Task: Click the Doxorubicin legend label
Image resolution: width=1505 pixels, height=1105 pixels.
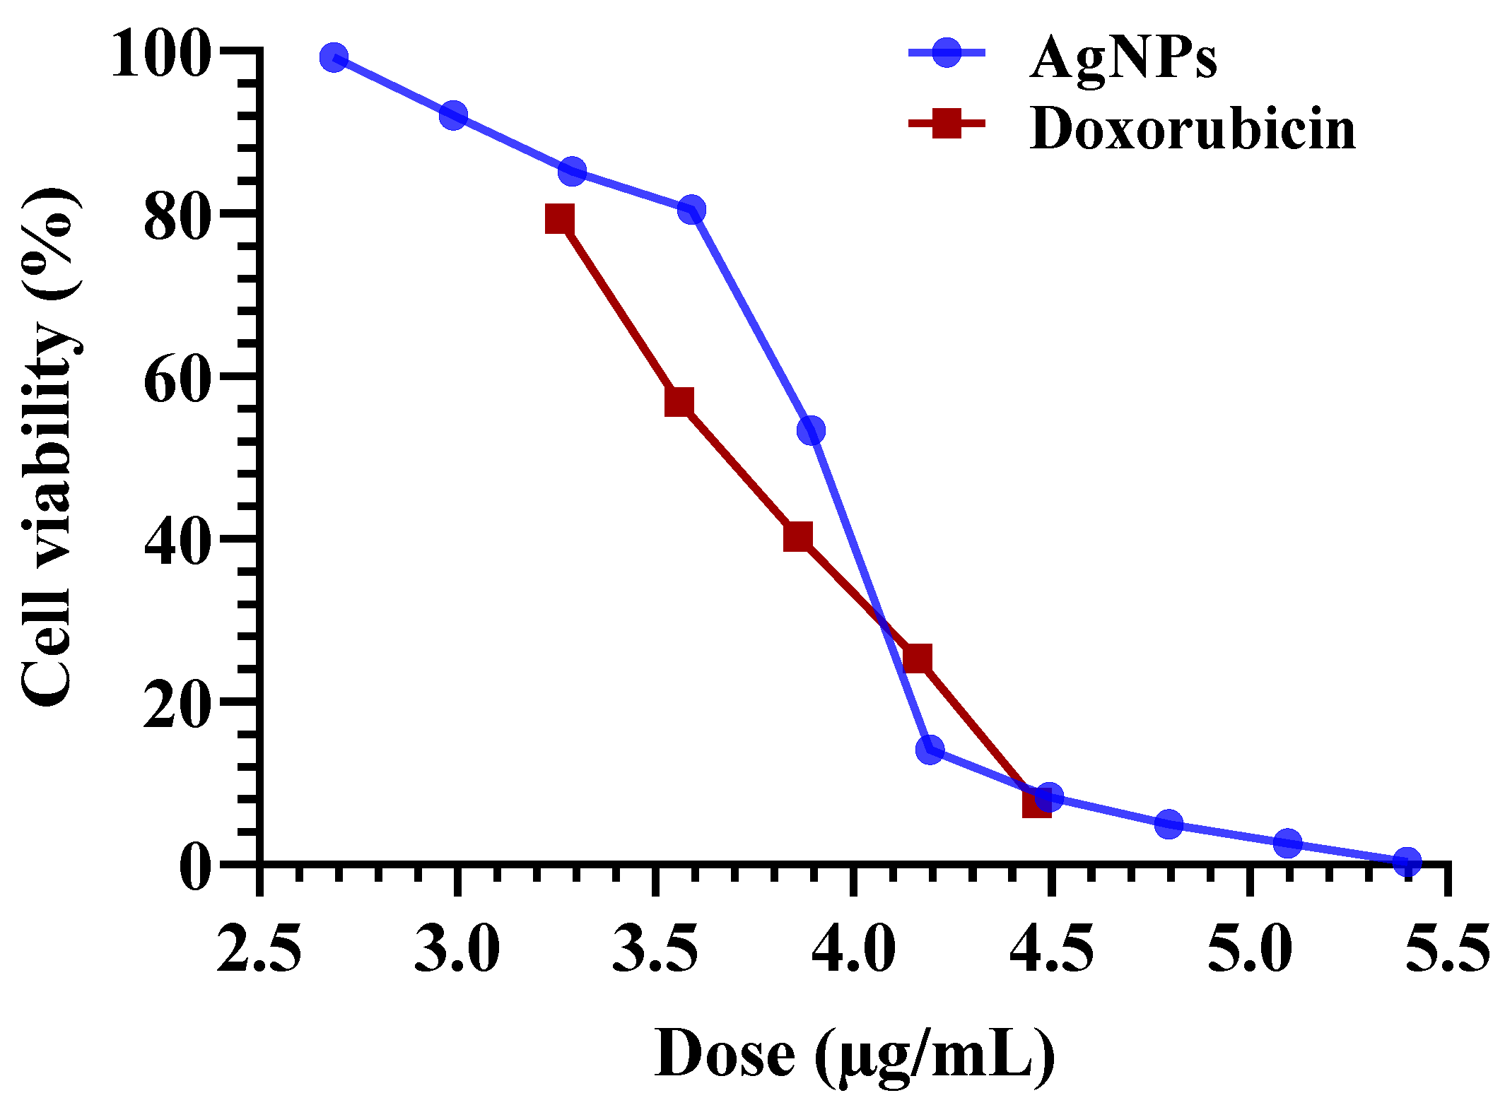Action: [1193, 130]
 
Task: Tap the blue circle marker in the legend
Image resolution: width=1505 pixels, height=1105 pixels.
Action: [947, 52]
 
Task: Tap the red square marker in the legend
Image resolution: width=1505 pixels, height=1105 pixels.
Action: [947, 124]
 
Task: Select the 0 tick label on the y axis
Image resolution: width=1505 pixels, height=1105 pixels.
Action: [196, 868]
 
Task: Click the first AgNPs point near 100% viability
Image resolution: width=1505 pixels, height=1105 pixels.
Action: [334, 58]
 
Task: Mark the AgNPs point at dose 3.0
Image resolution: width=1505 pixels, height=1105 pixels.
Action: [453, 115]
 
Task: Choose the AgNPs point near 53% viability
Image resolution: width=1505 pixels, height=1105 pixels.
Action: [811, 430]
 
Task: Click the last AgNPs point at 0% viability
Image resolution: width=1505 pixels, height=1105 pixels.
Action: [1407, 862]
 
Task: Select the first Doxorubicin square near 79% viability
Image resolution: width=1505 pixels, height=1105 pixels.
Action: [560, 219]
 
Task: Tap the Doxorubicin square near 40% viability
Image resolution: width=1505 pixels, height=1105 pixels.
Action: [798, 537]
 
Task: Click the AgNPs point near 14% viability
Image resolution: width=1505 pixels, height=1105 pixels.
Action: [930, 749]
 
